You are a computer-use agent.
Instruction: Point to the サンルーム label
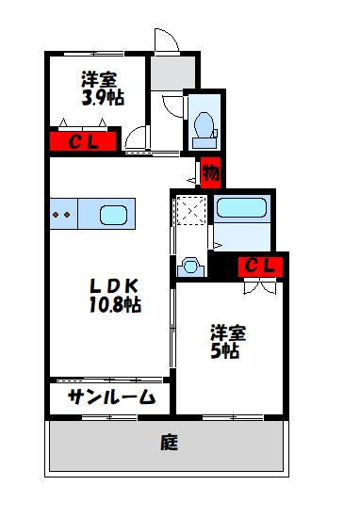coord(110,397)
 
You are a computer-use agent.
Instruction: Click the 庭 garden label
coord(169,441)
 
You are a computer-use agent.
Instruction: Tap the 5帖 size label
coord(223,351)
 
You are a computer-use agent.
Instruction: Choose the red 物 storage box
coord(210,172)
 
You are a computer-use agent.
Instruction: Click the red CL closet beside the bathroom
coord(259,267)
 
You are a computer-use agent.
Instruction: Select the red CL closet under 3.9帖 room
coord(82,142)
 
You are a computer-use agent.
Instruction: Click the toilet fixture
coord(202,126)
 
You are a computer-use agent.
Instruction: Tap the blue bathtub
coord(241,210)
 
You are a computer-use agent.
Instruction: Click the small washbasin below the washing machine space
coord(192,267)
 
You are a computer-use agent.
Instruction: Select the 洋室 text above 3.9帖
coord(99,78)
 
